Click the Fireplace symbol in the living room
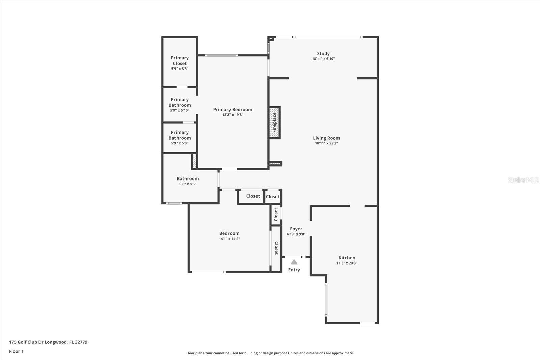[x=274, y=122]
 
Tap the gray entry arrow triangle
[x=294, y=262]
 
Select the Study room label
[x=323, y=53]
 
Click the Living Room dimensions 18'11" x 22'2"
[x=326, y=143]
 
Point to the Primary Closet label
[x=180, y=61]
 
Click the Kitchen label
[x=347, y=258]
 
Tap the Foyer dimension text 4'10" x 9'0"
[x=296, y=234]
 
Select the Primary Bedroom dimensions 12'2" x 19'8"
[x=233, y=115]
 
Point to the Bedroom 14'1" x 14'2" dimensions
[x=229, y=239]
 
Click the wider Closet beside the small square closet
[x=253, y=196]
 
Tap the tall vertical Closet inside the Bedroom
[x=276, y=248]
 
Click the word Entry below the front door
[x=294, y=270]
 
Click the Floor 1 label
[x=16, y=351]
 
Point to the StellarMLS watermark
[x=523, y=180]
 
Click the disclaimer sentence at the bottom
[x=270, y=353]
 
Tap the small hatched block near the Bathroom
[x=194, y=161]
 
